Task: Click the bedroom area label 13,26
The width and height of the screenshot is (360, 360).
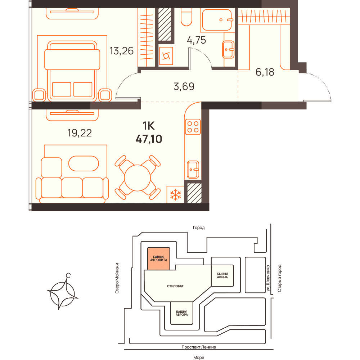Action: [x=121, y=51]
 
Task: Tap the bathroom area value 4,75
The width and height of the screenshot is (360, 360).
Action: [x=196, y=40]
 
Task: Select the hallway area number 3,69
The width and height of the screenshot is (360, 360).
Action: [x=184, y=86]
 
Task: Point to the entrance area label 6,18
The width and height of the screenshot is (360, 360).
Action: [x=265, y=72]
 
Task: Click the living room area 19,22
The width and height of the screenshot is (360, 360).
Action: [x=80, y=133]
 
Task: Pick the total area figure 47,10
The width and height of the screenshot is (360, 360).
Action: [x=149, y=139]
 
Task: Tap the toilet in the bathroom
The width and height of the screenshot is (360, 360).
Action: [x=186, y=17]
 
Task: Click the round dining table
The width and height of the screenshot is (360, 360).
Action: [x=137, y=178]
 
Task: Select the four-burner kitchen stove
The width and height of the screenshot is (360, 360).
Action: [x=193, y=127]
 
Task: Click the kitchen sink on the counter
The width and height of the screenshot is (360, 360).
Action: [x=193, y=170]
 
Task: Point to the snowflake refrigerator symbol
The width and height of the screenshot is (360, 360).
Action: [x=175, y=194]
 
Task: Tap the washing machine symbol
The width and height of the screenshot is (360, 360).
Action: [x=166, y=56]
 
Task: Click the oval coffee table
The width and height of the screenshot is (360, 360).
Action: [x=84, y=163]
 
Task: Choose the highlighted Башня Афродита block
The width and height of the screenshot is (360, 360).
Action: [x=159, y=258]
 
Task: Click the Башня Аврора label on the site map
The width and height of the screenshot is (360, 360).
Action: [x=181, y=313]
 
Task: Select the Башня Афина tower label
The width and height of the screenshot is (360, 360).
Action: [x=222, y=275]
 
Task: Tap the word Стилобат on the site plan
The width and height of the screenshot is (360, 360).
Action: [x=175, y=286]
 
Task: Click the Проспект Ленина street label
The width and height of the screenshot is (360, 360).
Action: [x=199, y=347]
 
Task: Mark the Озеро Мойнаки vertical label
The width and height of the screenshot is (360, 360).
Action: [x=117, y=278]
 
